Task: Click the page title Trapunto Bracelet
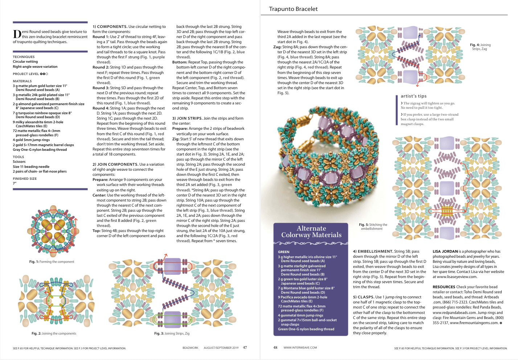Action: tap(293, 9)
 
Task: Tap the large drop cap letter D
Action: tap(17, 34)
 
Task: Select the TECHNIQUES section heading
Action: tap(24, 57)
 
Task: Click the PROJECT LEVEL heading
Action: tap(26, 74)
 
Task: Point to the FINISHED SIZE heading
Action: tap(25, 179)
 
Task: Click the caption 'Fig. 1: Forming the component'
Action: tap(52, 262)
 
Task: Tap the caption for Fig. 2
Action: tap(54, 334)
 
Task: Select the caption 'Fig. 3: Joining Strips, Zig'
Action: tap(172, 334)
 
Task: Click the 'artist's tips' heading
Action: tap(414, 96)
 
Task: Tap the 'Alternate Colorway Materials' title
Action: tap(311, 232)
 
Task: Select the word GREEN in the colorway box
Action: tap(283, 252)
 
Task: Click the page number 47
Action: tap(245, 348)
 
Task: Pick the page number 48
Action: tap(275, 348)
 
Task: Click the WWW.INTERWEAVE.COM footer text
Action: tap(300, 348)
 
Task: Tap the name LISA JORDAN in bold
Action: tap(445, 251)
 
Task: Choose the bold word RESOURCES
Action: tap(444, 287)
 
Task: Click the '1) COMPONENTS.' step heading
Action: tap(110, 26)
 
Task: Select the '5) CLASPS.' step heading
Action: tap(363, 297)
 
